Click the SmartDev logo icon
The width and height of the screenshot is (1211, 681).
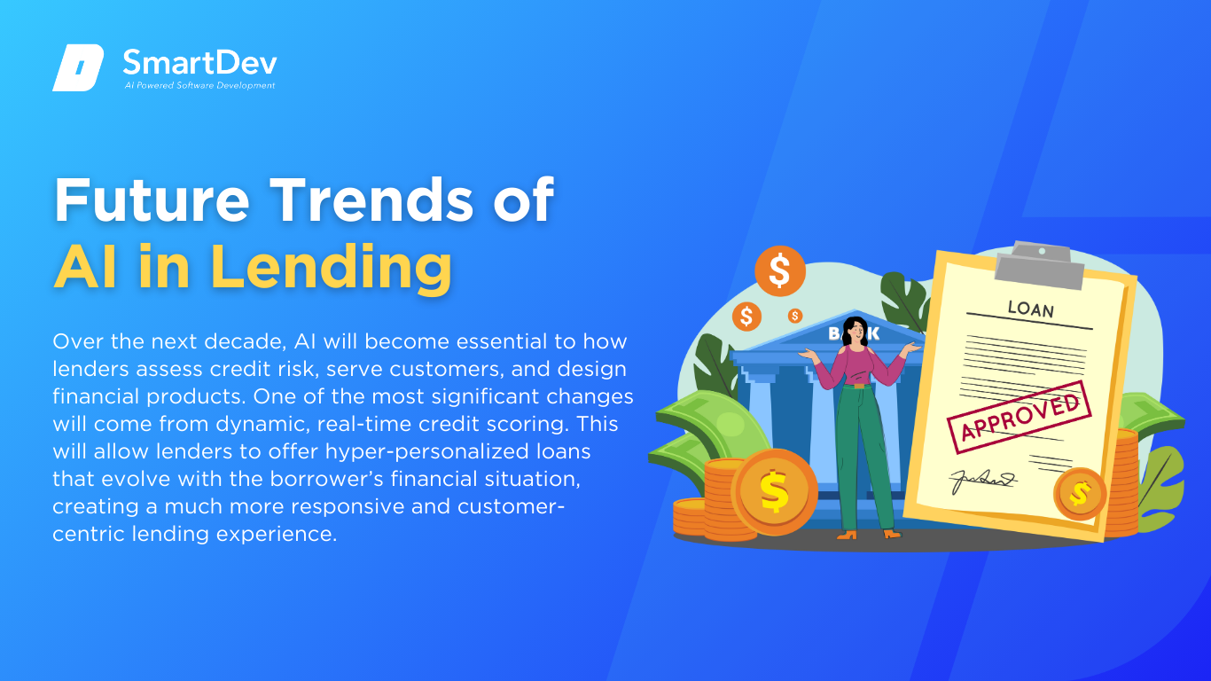tap(78, 67)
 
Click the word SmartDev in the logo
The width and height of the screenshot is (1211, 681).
tap(200, 63)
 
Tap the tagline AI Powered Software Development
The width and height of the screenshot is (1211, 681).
tap(200, 85)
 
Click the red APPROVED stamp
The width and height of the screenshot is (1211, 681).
tap(1020, 417)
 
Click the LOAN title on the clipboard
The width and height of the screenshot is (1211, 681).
tap(1031, 309)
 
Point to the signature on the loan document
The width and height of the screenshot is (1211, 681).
tap(983, 481)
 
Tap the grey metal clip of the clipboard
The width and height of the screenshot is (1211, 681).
tap(1039, 265)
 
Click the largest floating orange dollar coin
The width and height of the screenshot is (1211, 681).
tap(780, 271)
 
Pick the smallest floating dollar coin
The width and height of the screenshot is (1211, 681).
tap(794, 316)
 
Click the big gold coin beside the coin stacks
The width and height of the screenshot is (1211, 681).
tap(774, 491)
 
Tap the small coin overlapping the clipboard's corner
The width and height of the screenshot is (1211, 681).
tap(1080, 494)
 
